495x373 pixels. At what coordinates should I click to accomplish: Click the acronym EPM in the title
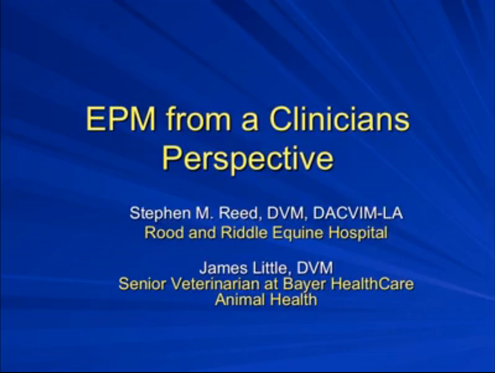coord(121,120)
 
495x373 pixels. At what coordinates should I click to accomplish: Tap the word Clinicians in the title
coord(339,120)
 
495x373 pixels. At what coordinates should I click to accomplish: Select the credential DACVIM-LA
coord(358,213)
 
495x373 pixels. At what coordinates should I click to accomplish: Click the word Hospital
coord(358,233)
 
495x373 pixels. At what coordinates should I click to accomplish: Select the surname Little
coord(269,268)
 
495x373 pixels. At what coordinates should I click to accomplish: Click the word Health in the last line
coord(292,299)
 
